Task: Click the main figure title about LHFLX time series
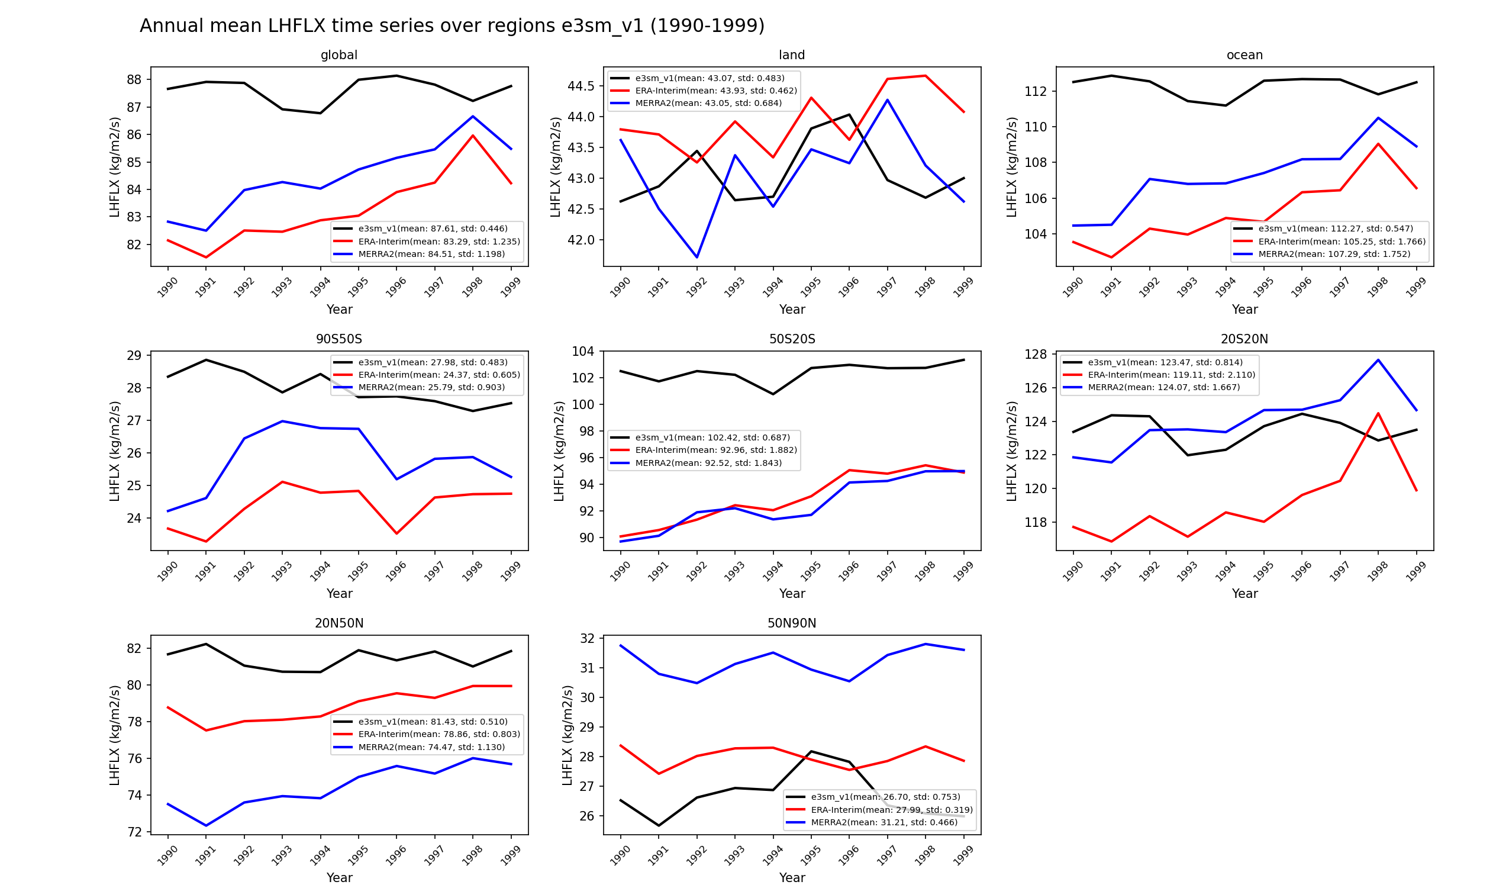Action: (452, 27)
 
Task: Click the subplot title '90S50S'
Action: (339, 339)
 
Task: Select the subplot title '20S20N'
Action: (1244, 339)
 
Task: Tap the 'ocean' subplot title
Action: (1244, 55)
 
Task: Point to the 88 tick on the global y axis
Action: (134, 80)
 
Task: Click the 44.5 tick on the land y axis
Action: (581, 86)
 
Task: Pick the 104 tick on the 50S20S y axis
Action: (583, 351)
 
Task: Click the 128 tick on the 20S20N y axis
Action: (1036, 355)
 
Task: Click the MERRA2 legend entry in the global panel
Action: (431, 254)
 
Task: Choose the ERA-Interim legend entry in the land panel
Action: (715, 91)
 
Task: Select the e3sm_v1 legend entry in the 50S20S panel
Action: (712, 437)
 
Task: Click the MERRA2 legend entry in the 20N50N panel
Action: (431, 747)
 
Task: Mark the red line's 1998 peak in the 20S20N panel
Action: (1378, 413)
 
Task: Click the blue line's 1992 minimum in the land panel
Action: (697, 258)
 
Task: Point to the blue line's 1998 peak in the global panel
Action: (472, 116)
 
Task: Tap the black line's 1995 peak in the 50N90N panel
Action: (811, 751)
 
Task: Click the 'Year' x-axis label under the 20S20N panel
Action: (1244, 593)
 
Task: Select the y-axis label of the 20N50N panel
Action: (114, 735)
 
